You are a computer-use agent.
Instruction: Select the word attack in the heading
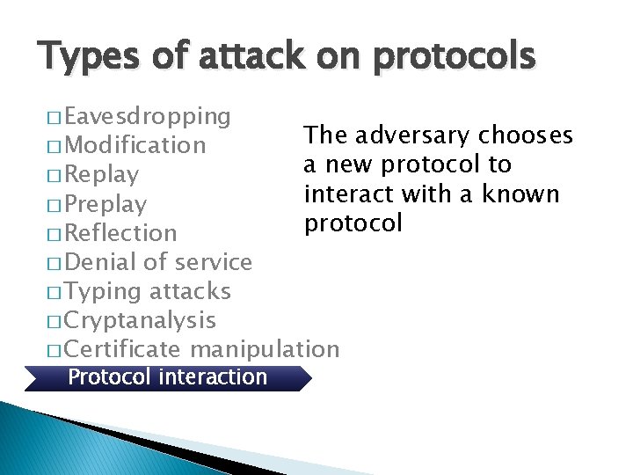click(x=235, y=57)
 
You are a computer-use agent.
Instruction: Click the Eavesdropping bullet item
click(x=147, y=116)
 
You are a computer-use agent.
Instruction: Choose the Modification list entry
click(x=135, y=145)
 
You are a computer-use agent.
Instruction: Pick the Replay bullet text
click(x=101, y=174)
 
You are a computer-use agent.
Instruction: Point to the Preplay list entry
click(x=105, y=204)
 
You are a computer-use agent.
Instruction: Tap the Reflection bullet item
click(x=120, y=233)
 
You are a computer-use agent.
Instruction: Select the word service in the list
click(x=214, y=262)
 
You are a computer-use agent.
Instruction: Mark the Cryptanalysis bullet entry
click(x=140, y=320)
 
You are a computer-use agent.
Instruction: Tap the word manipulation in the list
click(x=264, y=349)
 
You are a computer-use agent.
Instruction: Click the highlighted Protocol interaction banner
click(x=167, y=377)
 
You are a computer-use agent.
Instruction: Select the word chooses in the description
click(x=526, y=135)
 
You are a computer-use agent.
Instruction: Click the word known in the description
click(x=524, y=194)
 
